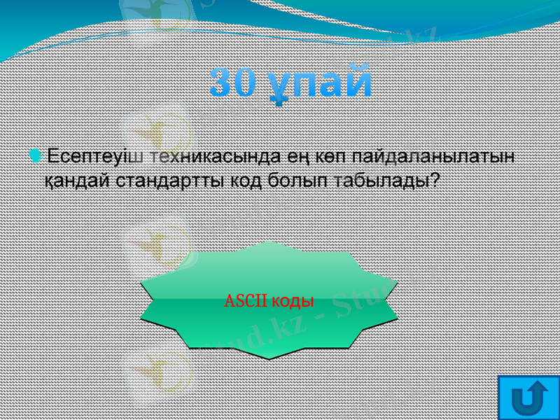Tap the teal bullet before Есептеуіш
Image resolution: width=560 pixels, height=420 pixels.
pos(36,154)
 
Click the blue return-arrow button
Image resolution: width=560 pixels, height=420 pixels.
pos(529,397)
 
